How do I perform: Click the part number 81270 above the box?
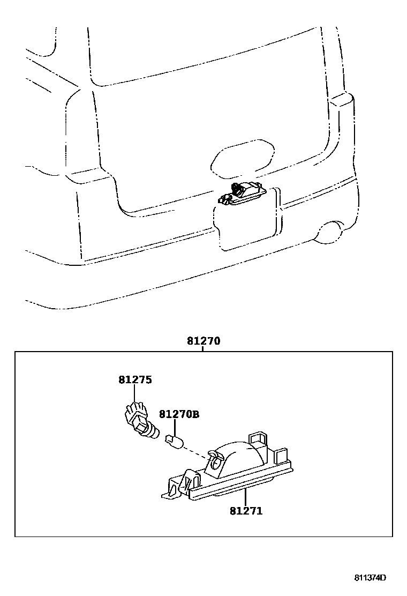[204, 341]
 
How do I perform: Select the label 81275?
[135, 380]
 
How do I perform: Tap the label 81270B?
[179, 414]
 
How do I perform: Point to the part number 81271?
[246, 511]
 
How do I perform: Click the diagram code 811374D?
[370, 578]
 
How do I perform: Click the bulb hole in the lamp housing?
[215, 457]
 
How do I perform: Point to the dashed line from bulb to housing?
[197, 453]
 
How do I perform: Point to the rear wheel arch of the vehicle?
[328, 230]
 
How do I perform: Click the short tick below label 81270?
[204, 348]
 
